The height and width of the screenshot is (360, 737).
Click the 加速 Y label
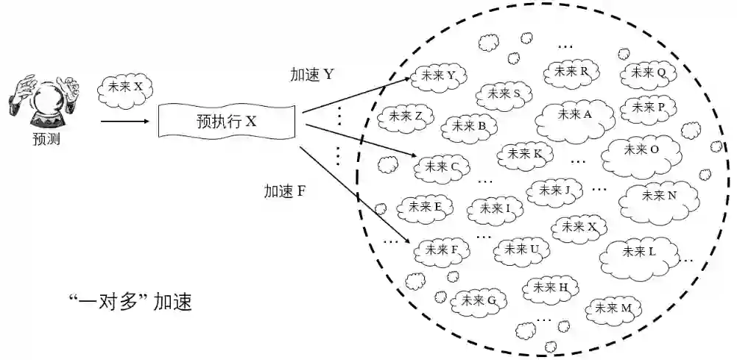point(312,74)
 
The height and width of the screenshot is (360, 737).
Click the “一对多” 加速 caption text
point(129,302)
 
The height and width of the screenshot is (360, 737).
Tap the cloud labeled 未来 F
point(440,250)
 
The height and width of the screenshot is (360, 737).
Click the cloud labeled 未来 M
point(613,308)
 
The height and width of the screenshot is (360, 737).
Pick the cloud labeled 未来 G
point(479,300)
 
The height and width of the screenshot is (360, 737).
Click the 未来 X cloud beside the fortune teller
point(124,87)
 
